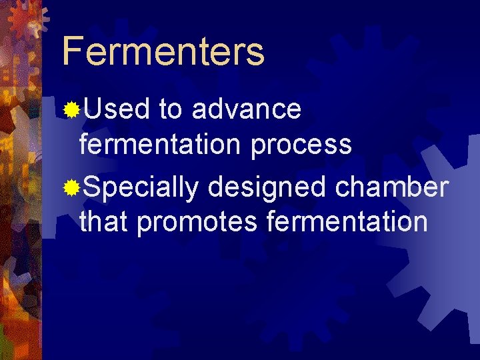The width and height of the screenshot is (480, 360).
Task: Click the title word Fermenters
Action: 163,51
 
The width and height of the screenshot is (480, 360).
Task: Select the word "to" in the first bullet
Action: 171,109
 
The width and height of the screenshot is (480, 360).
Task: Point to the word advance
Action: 246,109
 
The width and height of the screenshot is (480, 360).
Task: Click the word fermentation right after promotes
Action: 347,221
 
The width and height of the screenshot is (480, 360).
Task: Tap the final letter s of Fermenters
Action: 255,54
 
